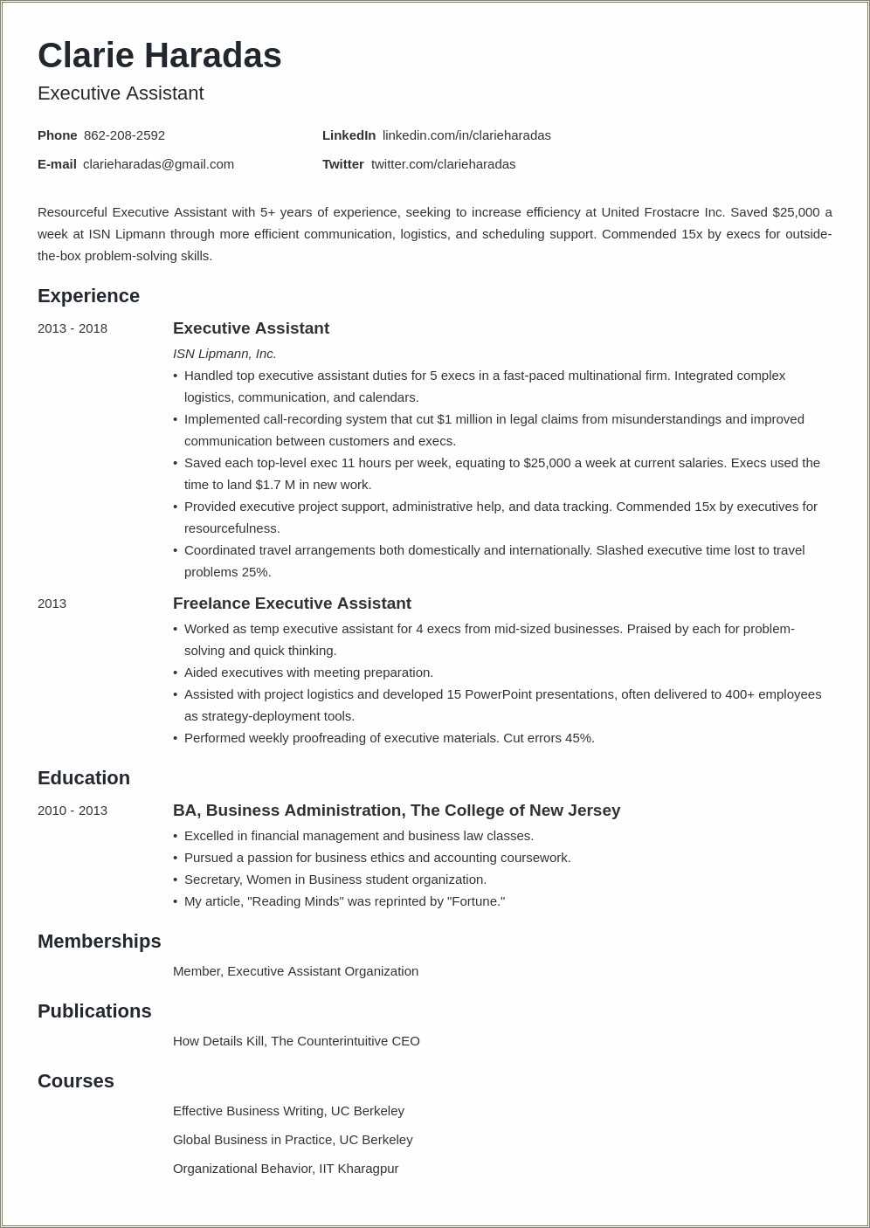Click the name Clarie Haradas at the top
click(159, 56)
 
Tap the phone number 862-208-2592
click(124, 135)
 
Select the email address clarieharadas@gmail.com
click(158, 164)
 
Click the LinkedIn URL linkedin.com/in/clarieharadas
click(466, 135)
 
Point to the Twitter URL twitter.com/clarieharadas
click(443, 164)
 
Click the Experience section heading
click(88, 296)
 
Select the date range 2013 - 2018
click(72, 328)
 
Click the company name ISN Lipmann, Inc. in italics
click(224, 354)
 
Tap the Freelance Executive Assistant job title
click(292, 604)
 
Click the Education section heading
click(84, 778)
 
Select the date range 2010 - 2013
click(72, 811)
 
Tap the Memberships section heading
click(99, 942)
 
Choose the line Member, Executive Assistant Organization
click(295, 971)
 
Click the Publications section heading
click(94, 1011)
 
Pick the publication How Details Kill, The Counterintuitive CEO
click(296, 1041)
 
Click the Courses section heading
click(76, 1081)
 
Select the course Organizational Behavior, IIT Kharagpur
click(286, 1169)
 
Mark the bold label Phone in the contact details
click(58, 135)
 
